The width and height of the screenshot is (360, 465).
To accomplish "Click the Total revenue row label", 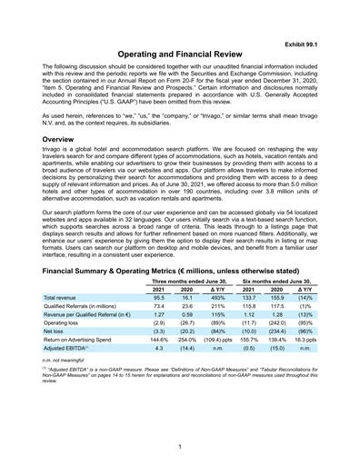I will (63, 297).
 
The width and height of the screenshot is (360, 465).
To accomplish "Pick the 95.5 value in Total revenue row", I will (158, 297).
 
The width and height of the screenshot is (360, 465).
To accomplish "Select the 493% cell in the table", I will (217, 297).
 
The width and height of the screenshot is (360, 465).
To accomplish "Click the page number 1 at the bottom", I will (180, 446).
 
